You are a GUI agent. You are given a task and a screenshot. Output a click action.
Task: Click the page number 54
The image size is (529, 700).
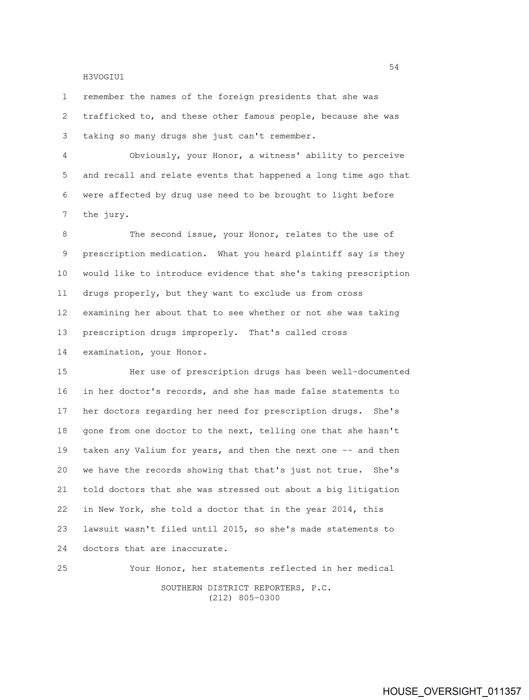point(394,67)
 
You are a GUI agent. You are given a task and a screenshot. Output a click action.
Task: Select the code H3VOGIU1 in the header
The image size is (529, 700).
point(103,77)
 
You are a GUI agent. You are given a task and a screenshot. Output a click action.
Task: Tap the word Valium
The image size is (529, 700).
point(150,450)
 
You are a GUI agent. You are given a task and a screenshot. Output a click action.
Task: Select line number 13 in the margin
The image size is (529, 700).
point(62,332)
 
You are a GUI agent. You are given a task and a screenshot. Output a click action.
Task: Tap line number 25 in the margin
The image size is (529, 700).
point(62,568)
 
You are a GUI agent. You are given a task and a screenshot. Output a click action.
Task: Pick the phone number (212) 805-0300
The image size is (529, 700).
point(244,598)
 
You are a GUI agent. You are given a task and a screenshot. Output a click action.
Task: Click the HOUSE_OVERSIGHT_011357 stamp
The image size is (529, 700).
point(452,691)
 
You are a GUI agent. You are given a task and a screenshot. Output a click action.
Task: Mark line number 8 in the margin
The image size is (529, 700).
point(65,234)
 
